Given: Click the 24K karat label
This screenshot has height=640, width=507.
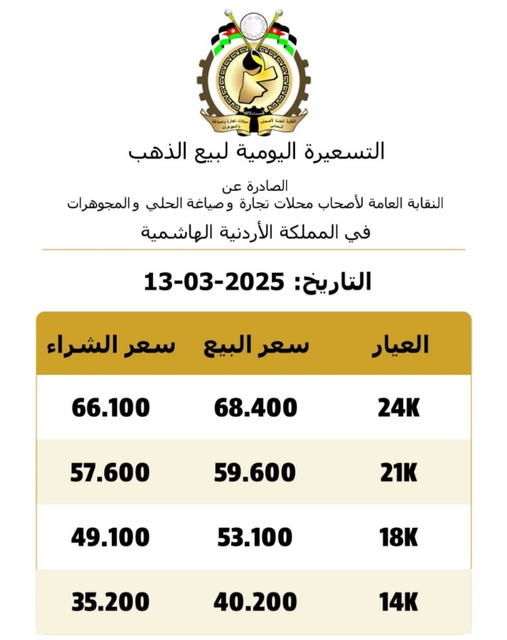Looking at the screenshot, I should [398, 408].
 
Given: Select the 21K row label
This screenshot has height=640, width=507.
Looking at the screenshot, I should [398, 473].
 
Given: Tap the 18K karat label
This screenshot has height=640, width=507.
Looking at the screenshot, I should [398, 537].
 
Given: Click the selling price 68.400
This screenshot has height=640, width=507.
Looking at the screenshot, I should [256, 408].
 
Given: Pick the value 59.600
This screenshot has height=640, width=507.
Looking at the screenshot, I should [255, 473].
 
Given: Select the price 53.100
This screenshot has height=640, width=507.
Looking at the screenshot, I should [255, 537].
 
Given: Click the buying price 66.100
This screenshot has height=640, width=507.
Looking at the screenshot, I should [110, 408].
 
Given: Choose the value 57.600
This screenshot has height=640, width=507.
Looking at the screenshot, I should [110, 473].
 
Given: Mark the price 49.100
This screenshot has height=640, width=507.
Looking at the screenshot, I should [110, 537].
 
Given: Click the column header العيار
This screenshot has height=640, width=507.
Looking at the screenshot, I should [401, 345].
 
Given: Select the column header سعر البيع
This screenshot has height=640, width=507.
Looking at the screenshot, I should [256, 345].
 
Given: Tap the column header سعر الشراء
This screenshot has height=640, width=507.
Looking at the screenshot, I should [111, 345].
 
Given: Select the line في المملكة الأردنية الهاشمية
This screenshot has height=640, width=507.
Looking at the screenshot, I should [256, 232].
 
